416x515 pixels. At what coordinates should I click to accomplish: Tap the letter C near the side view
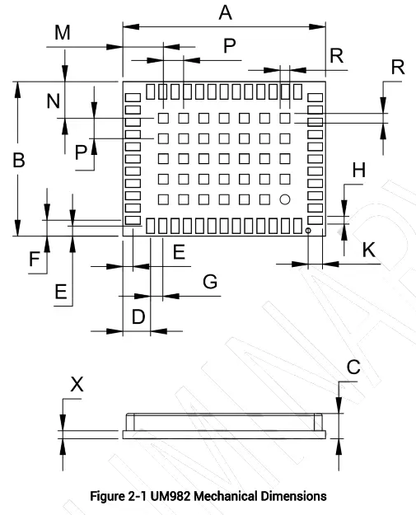(x=353, y=368)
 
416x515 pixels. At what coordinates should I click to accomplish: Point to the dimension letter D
(x=138, y=316)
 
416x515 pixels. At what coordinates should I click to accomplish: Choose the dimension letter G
(x=210, y=282)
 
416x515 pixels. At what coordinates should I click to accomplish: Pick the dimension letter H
(x=358, y=171)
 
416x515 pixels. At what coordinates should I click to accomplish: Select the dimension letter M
(x=63, y=32)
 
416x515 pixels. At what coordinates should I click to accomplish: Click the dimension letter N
(x=54, y=101)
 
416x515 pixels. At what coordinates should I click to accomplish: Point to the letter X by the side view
(x=77, y=383)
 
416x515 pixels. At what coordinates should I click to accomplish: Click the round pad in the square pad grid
(x=284, y=199)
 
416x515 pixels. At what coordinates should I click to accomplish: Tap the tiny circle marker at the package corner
(x=308, y=232)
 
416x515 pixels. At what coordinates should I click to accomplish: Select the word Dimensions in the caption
(x=292, y=496)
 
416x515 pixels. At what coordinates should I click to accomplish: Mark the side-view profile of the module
(x=224, y=424)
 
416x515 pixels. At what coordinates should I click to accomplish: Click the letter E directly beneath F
(x=60, y=290)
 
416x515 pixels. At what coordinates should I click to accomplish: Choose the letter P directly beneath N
(x=80, y=152)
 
